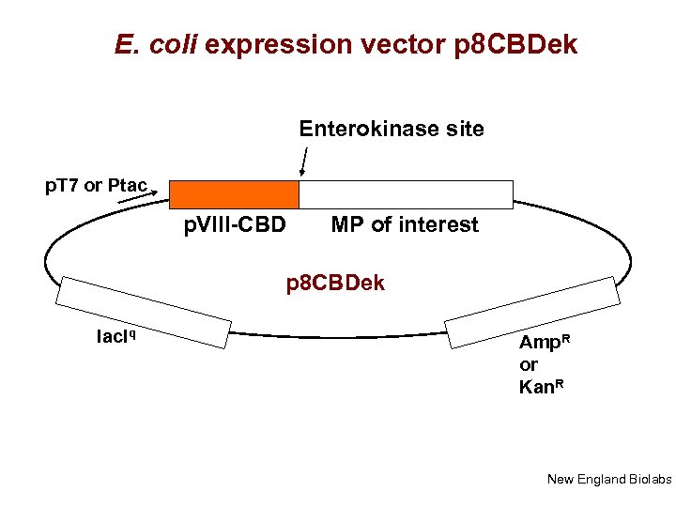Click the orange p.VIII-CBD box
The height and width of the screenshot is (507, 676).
coord(234,194)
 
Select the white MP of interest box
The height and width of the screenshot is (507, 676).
coord(406,194)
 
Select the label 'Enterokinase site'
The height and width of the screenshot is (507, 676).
coord(392,129)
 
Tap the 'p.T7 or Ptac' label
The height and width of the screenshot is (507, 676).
coord(97,185)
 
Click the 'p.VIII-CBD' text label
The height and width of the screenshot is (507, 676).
coord(235,225)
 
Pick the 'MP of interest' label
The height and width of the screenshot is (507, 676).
coord(405,225)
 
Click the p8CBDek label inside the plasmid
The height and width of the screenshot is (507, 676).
coord(335,283)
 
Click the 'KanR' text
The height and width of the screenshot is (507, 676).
coord(544,386)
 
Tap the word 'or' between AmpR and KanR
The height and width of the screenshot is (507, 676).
coord(529,364)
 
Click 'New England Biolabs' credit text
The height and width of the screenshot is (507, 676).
coord(609,480)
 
